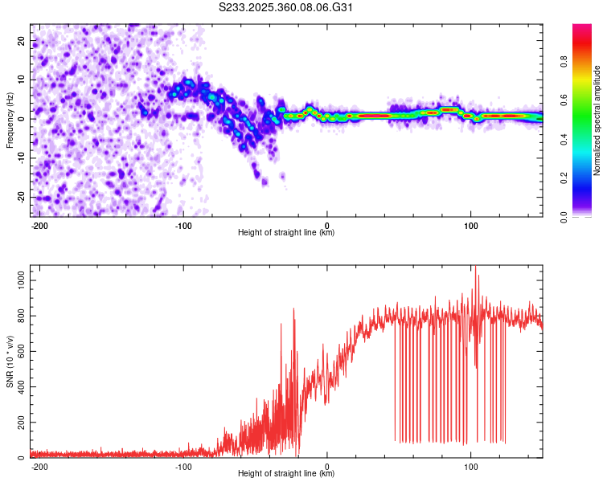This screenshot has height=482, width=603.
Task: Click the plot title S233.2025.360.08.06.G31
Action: tap(285, 7)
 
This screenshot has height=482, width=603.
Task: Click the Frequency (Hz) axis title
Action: tap(10, 120)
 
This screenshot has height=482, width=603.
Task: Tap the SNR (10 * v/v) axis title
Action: tap(10, 361)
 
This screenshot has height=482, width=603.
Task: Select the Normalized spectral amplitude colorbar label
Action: tap(597, 120)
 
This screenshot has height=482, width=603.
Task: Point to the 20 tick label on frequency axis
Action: tap(21, 41)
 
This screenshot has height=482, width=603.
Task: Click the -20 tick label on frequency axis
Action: tap(21, 198)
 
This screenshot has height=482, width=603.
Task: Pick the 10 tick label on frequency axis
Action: tap(21, 80)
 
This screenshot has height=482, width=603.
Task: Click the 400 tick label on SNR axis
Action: tap(21, 386)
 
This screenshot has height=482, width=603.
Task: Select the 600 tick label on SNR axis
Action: tap(21, 351)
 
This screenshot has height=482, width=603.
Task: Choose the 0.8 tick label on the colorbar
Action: tap(564, 62)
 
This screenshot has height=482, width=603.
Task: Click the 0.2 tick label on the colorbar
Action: tap(564, 178)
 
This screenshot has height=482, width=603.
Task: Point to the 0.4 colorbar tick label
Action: tap(564, 139)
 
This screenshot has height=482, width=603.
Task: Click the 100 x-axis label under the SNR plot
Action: tap(470, 467)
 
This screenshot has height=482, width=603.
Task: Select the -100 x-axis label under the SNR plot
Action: tap(183, 467)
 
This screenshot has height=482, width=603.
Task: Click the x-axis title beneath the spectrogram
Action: tap(286, 232)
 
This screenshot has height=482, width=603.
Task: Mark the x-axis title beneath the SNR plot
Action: tap(286, 473)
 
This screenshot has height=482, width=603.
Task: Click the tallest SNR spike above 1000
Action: tap(476, 267)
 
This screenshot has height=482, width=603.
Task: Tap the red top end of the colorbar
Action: tap(582, 26)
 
